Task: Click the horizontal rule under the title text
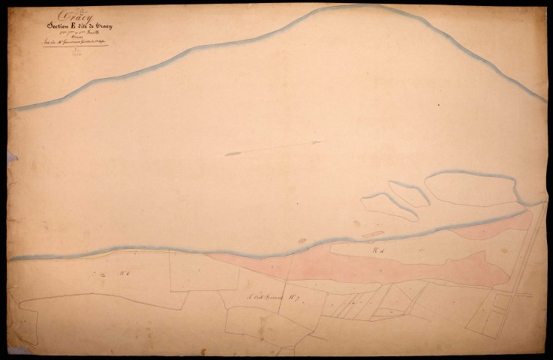(x=75, y=46)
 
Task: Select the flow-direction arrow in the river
(x=274, y=147)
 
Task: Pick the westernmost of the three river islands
(x=388, y=206)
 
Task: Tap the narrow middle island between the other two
(x=409, y=193)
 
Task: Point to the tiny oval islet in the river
(x=302, y=241)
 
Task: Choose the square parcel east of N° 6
(x=194, y=271)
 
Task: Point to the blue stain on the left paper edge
(x=11, y=157)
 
